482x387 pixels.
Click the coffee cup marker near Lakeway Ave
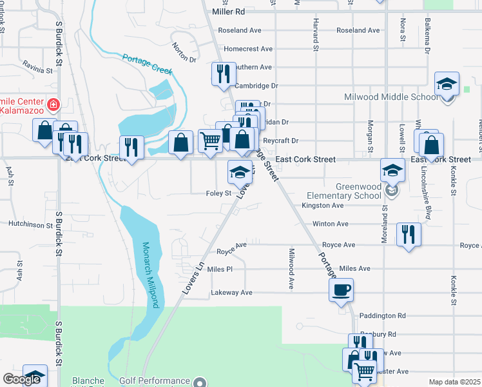(x=342, y=290)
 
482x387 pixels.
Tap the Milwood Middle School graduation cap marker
(x=447, y=84)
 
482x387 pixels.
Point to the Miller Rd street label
(x=228, y=12)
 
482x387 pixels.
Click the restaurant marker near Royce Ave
(x=409, y=234)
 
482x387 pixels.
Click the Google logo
(x=21, y=380)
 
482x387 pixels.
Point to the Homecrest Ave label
(x=248, y=48)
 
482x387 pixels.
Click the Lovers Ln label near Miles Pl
(x=193, y=279)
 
